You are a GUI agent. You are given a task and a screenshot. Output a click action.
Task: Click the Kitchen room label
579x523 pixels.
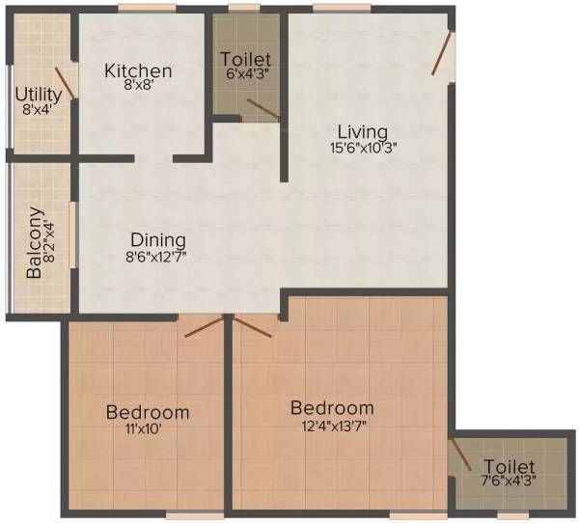coord(138,71)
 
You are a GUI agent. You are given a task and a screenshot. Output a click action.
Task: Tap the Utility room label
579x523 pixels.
coord(39,95)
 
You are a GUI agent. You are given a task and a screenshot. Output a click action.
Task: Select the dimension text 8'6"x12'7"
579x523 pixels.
coord(158,258)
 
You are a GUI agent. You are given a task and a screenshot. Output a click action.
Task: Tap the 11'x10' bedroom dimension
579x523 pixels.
coord(148,429)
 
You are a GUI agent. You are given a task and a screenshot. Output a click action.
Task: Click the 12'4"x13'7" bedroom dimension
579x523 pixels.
coord(331,425)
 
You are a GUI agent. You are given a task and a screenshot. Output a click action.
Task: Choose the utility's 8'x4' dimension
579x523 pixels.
coord(39,110)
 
